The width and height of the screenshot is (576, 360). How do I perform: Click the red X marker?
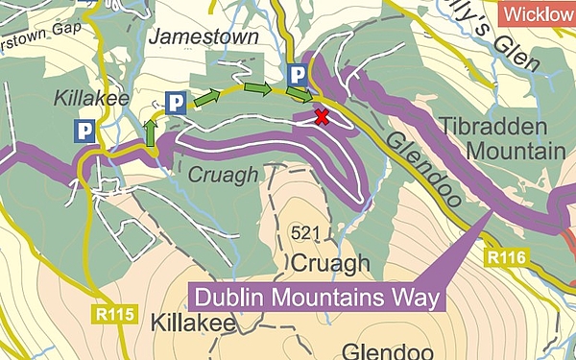[x=322, y=117]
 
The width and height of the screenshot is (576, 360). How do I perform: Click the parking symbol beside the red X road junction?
[x=299, y=74]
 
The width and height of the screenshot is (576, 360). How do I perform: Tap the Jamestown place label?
[x=204, y=37]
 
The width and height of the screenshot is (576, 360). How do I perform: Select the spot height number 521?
[x=303, y=233]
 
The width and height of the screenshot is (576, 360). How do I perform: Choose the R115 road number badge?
[x=117, y=313]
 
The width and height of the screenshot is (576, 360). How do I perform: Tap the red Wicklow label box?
[x=538, y=13]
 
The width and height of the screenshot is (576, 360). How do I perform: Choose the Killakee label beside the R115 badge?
[x=193, y=324]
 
